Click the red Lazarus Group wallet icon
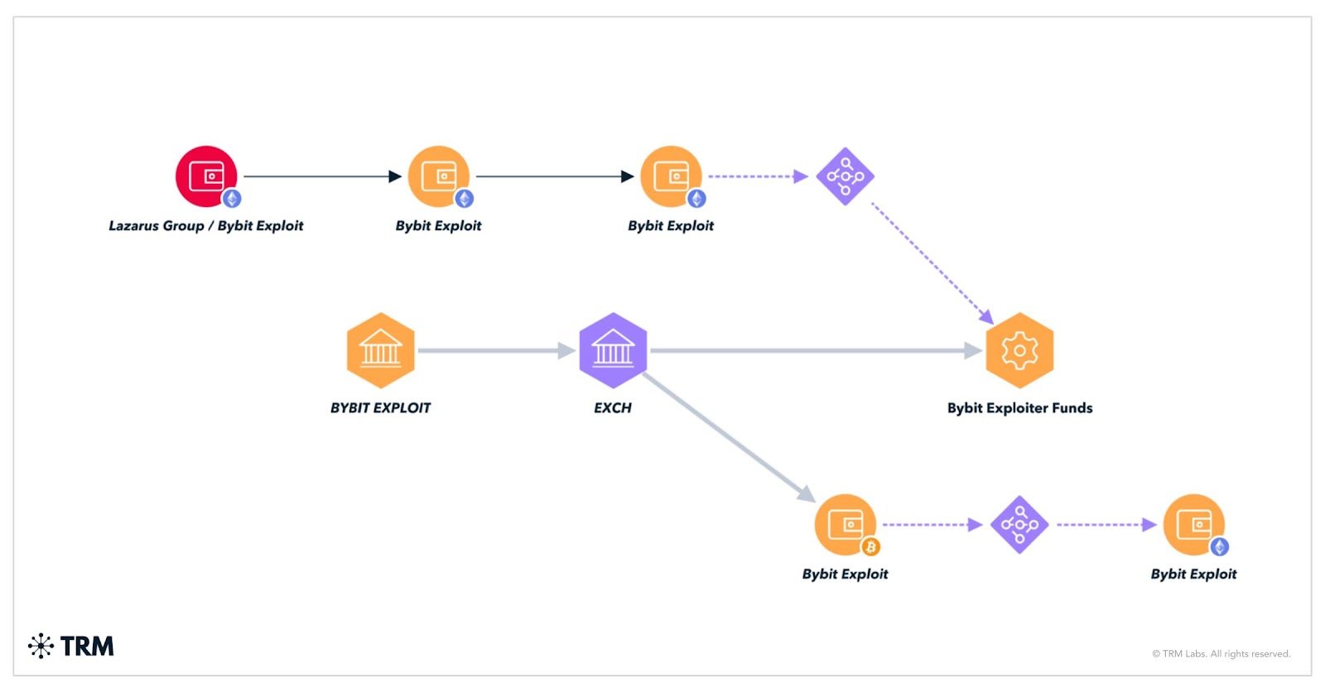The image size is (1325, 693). (x=206, y=176)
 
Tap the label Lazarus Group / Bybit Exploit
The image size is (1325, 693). (x=206, y=226)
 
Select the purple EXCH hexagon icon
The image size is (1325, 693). (x=613, y=350)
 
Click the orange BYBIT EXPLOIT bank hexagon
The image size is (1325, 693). (x=380, y=350)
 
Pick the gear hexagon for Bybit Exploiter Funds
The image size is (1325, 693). (x=1019, y=350)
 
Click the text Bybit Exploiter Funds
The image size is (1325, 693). (x=1019, y=408)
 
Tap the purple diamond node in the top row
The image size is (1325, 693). (x=845, y=176)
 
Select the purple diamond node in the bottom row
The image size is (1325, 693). (x=1019, y=525)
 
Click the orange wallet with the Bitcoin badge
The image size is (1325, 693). (x=845, y=524)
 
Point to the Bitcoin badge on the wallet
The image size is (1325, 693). (x=870, y=546)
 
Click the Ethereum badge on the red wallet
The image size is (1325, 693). (x=233, y=199)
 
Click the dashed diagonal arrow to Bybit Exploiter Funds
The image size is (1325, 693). (x=932, y=262)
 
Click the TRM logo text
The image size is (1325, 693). (x=86, y=646)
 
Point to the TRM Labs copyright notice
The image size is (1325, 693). (x=1221, y=654)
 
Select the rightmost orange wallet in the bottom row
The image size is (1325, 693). (x=1193, y=524)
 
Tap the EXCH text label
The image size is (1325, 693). (x=613, y=408)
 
